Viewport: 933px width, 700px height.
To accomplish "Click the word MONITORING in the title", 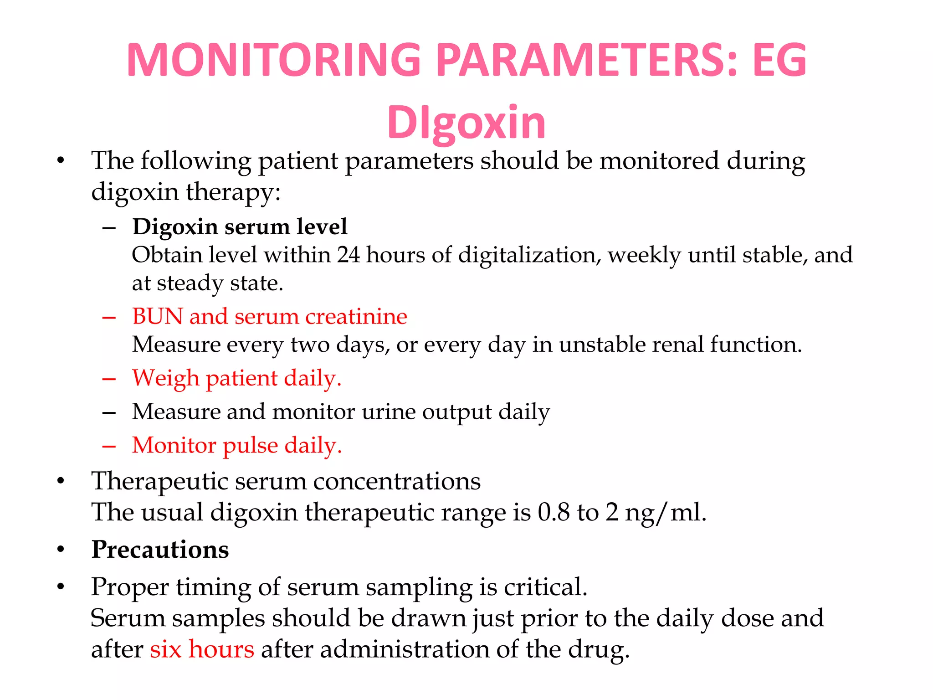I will pyautogui.click(x=273, y=60).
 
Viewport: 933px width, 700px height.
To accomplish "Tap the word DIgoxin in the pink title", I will pyautogui.click(x=466, y=122).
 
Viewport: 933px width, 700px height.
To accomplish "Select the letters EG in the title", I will pyautogui.click(x=779, y=60).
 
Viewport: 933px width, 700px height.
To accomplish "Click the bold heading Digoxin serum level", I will pyautogui.click(x=240, y=226).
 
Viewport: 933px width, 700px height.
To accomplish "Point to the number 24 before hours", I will pyautogui.click(x=349, y=255).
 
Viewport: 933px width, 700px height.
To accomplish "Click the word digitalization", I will pyautogui.click(x=526, y=255).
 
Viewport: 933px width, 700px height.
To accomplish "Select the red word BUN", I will pyautogui.click(x=157, y=316).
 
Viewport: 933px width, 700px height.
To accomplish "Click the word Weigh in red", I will pyautogui.click(x=165, y=378).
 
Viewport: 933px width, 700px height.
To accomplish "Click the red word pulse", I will pyautogui.click(x=250, y=445).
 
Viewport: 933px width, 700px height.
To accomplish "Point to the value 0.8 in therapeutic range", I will pyautogui.click(x=554, y=512).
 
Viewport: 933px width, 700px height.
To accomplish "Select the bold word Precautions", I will pyautogui.click(x=160, y=550).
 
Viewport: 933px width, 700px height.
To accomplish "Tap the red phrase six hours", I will pyautogui.click(x=202, y=649).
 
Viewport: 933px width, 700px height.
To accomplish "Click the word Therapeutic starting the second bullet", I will pyautogui.click(x=159, y=481).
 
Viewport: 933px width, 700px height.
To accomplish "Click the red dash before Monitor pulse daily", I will pyautogui.click(x=109, y=446).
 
